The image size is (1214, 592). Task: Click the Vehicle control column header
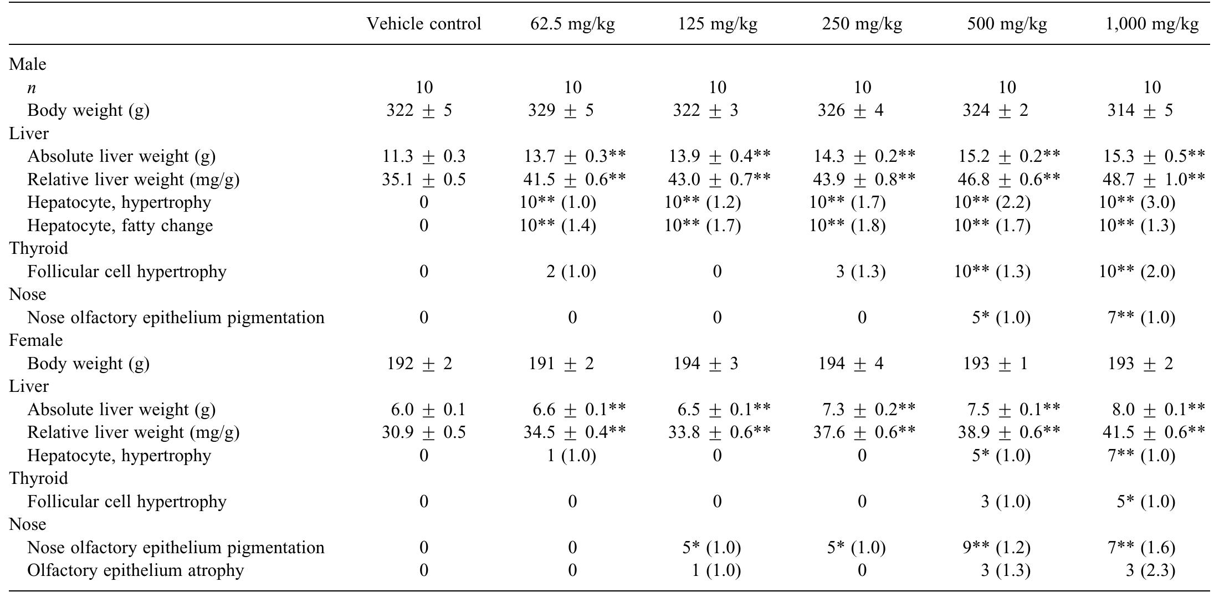[424, 24]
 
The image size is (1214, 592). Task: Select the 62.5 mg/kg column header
[572, 24]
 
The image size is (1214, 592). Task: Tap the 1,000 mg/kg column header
[1152, 24]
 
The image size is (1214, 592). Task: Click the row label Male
[28, 64]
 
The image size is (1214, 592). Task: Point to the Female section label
[36, 340]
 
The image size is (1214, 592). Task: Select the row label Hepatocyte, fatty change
[120, 226]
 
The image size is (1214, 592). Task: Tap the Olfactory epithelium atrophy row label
[136, 570]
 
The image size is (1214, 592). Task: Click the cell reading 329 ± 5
[561, 110]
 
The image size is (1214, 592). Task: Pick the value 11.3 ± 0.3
[424, 156]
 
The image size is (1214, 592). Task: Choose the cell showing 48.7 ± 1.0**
[1154, 180]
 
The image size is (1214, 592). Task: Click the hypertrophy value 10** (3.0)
[1137, 202]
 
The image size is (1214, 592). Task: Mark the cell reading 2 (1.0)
[571, 272]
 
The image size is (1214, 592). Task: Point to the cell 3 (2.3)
[1150, 570]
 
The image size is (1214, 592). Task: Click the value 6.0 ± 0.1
[428, 410]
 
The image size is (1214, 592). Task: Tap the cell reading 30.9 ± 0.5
[424, 432]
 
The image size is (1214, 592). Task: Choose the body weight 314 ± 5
[1140, 110]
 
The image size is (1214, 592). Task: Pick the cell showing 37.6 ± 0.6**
[864, 432]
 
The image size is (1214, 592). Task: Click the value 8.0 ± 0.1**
[1157, 410]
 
